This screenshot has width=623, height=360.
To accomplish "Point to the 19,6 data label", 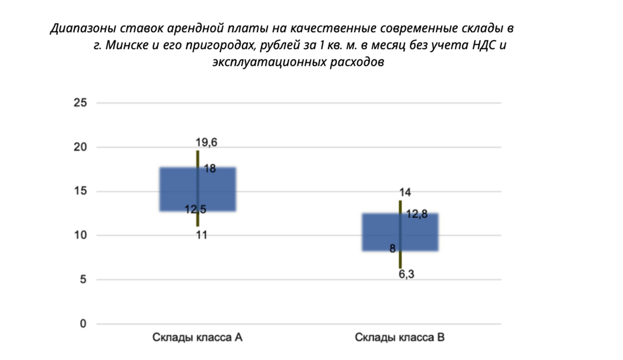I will point(206,143).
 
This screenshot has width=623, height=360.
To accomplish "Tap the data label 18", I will point(210,168).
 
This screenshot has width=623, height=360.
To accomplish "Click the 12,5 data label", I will point(195,209).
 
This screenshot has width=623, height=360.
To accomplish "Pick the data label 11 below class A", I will point(201,235).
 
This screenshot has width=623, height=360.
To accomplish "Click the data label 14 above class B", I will point(405,192).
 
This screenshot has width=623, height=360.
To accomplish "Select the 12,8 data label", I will point(417,214).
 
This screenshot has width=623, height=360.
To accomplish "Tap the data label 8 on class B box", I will point(392,248).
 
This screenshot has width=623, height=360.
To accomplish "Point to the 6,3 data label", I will point(407,275).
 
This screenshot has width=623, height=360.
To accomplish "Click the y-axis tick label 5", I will point(83,280).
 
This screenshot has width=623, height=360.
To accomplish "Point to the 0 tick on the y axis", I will point(83,324).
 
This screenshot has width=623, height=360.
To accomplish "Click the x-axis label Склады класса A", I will point(198,337).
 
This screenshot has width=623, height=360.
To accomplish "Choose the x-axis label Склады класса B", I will point(400,337).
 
